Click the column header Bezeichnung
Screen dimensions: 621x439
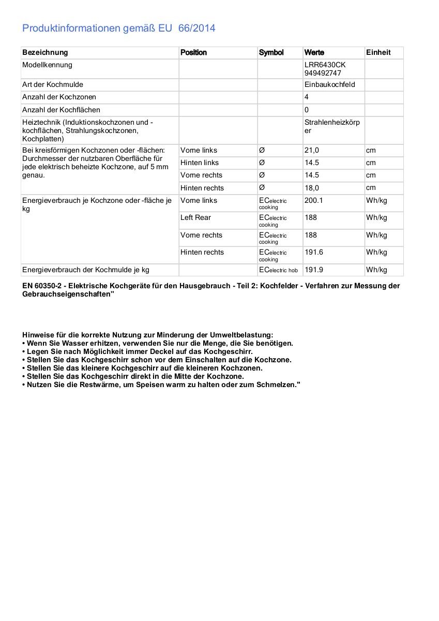pyautogui.click(x=45, y=52)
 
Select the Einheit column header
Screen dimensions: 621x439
pyautogui.click(x=379, y=52)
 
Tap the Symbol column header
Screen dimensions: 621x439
pyautogui.click(x=271, y=52)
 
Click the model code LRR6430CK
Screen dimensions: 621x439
pyautogui.click(x=325, y=65)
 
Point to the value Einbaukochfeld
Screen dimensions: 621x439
pyautogui.click(x=330, y=84)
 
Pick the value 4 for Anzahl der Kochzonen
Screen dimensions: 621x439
pyautogui.click(x=307, y=97)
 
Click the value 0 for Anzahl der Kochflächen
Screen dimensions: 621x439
pyautogui.click(x=307, y=110)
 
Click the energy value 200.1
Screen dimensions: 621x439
pyautogui.click(x=314, y=200)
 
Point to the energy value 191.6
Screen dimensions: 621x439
pyautogui.click(x=314, y=252)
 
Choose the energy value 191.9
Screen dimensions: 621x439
pyautogui.click(x=314, y=270)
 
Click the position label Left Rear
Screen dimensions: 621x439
pyautogui.click(x=195, y=217)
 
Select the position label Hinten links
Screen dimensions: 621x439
pyautogui.click(x=200, y=162)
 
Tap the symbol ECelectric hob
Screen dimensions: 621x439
pyautogui.click(x=278, y=270)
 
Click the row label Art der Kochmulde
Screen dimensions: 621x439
pyautogui.click(x=53, y=84)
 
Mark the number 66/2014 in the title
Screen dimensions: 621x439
pyautogui.click(x=196, y=28)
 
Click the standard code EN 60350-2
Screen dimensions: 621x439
pyautogui.click(x=44, y=286)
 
